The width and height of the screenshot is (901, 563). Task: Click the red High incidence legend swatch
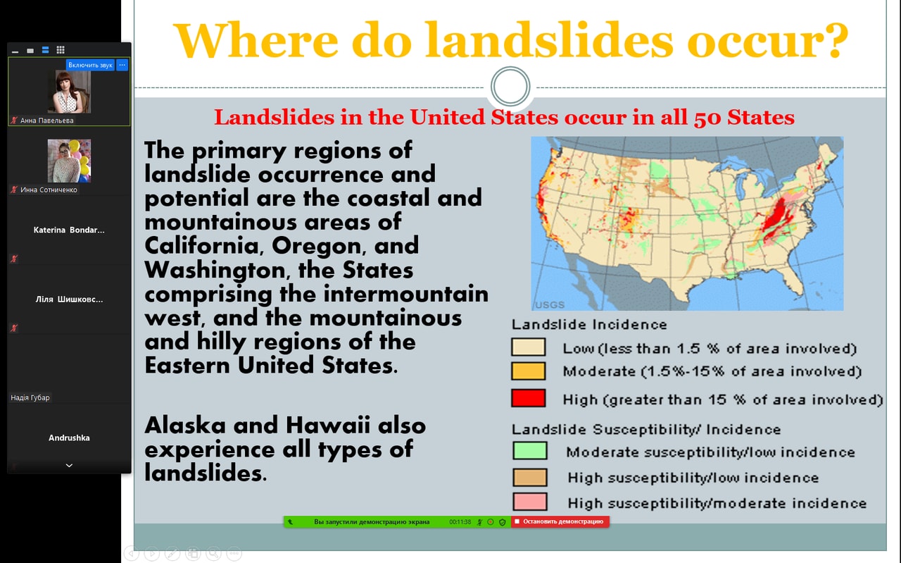528,398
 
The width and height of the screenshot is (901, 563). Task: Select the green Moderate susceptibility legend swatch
530,451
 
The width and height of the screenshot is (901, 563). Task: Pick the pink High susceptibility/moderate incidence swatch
530,502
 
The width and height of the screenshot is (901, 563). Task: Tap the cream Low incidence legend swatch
528,347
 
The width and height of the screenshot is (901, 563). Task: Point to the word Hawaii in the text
328,426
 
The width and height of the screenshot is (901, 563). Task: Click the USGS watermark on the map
550,305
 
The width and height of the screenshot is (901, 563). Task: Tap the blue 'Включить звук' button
90,65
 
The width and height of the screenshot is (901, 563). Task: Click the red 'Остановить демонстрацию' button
560,521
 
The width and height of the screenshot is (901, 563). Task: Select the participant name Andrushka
69,438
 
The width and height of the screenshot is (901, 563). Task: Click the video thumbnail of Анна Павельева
69,92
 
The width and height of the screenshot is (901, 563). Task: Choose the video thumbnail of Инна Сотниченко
69,161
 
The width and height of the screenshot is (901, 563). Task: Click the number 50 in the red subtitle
708,118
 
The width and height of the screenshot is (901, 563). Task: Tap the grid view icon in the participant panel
61,50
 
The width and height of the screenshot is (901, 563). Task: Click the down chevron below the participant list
69,466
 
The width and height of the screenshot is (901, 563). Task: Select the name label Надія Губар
30,397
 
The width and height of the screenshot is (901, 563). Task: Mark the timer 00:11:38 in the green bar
460,522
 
